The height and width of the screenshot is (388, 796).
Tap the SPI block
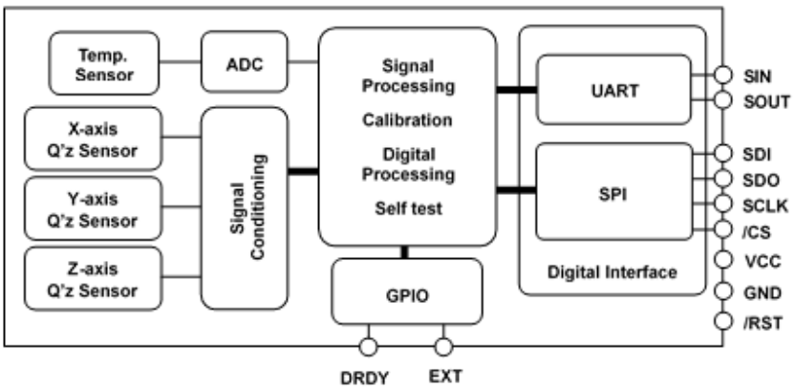tap(613, 191)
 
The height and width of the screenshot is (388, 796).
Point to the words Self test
tap(406, 207)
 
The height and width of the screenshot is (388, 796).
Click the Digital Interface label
tap(613, 272)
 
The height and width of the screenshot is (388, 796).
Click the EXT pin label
tap(445, 376)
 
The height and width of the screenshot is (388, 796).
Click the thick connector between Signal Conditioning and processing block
tap(303, 172)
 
